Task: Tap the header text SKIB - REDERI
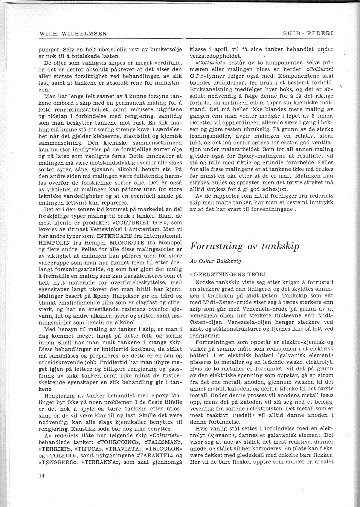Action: (x=308, y=34)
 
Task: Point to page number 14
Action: (x=41, y=476)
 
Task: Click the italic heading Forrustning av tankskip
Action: (x=245, y=246)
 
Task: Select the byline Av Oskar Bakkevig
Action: (x=217, y=261)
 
